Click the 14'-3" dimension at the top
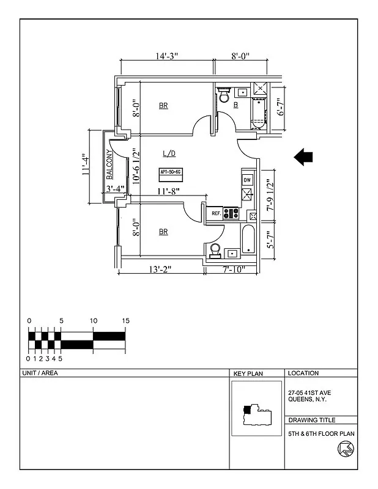coord(166,56)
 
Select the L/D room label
coord(169,153)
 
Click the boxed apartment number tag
coord(170,172)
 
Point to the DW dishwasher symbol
coord(247,180)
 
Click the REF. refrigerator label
coord(216,214)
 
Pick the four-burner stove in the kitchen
coord(231,214)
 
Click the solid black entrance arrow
coord(303,157)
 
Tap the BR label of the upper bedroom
coord(163,106)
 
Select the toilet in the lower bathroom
coord(214,251)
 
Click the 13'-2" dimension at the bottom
coord(160,270)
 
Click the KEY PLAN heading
coord(248,373)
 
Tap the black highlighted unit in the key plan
coord(246,409)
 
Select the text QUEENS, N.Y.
coord(307,399)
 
